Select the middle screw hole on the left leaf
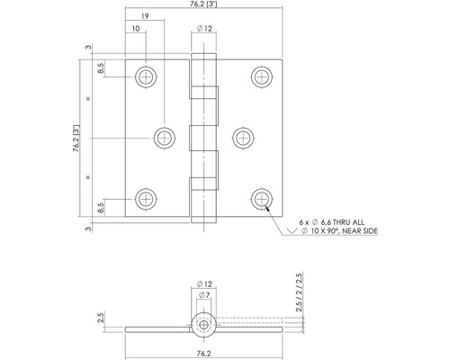pyautogui.click(x=163, y=138)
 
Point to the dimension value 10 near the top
pyautogui.click(x=135, y=31)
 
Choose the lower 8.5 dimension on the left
pyautogui.click(x=103, y=208)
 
